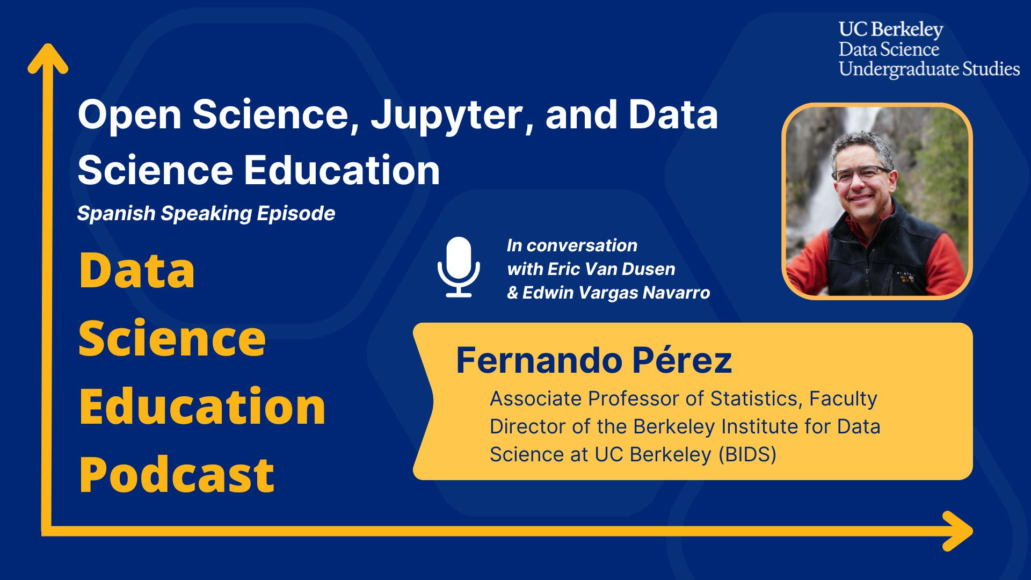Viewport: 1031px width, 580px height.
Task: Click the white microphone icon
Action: (x=458, y=267)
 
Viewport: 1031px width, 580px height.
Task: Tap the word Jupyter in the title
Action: (x=445, y=115)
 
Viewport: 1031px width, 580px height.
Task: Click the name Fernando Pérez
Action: (x=593, y=360)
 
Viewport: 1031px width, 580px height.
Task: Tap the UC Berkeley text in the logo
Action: (x=891, y=30)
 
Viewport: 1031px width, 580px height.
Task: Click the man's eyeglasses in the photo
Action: (x=861, y=174)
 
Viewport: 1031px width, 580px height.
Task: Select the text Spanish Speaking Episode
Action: (x=206, y=214)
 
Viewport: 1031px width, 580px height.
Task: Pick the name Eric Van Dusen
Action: (x=611, y=269)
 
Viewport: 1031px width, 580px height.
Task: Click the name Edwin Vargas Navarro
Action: (x=616, y=293)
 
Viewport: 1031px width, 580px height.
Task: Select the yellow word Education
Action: (x=202, y=407)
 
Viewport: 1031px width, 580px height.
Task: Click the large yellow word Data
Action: (x=136, y=271)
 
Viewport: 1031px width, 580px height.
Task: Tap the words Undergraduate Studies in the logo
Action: (x=929, y=69)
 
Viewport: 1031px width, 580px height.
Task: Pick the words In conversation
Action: (x=572, y=245)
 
